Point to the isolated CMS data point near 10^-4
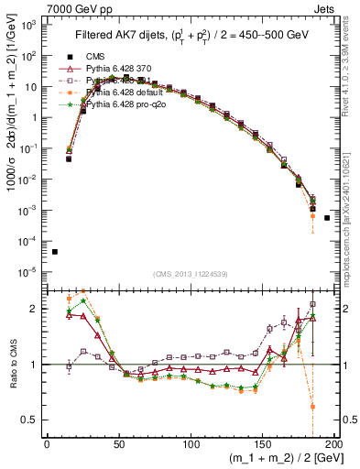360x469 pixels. click(55, 252)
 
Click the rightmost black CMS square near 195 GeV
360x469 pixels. click(328, 218)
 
